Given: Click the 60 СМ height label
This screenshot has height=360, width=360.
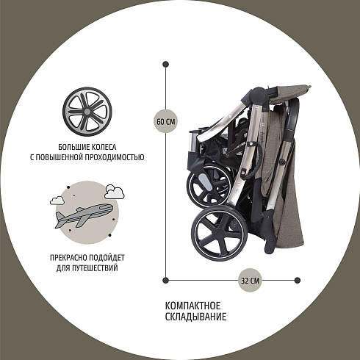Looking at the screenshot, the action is pos(165,121).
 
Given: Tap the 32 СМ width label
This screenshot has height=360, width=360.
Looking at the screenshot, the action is pos(250,280).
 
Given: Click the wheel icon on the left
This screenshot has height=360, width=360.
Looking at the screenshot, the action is pos(87,112).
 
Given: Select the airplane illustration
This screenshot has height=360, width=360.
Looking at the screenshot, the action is pos(84,215).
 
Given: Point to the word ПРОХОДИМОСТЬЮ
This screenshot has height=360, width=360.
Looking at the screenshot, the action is pos(114,157).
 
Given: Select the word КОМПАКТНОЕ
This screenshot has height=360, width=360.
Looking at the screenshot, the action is pos(192,306).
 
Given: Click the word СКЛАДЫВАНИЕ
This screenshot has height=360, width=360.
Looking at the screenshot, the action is pos(195,317).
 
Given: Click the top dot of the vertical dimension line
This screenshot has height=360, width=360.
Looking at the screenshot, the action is pos(165,65).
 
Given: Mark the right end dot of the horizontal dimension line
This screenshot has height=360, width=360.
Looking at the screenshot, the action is pos(298,280).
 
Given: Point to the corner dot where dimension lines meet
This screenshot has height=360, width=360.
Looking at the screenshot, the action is pos(165,280).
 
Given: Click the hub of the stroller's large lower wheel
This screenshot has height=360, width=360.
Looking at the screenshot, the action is pos(219,233).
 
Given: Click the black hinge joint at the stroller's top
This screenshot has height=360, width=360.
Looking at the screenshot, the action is pos(258,94).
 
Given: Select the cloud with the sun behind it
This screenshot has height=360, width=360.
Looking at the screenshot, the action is pos(114,192).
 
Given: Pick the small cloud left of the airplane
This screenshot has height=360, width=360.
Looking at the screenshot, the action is pos(57,201).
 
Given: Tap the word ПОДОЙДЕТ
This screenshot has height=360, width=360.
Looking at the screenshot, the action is pos(107,258).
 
